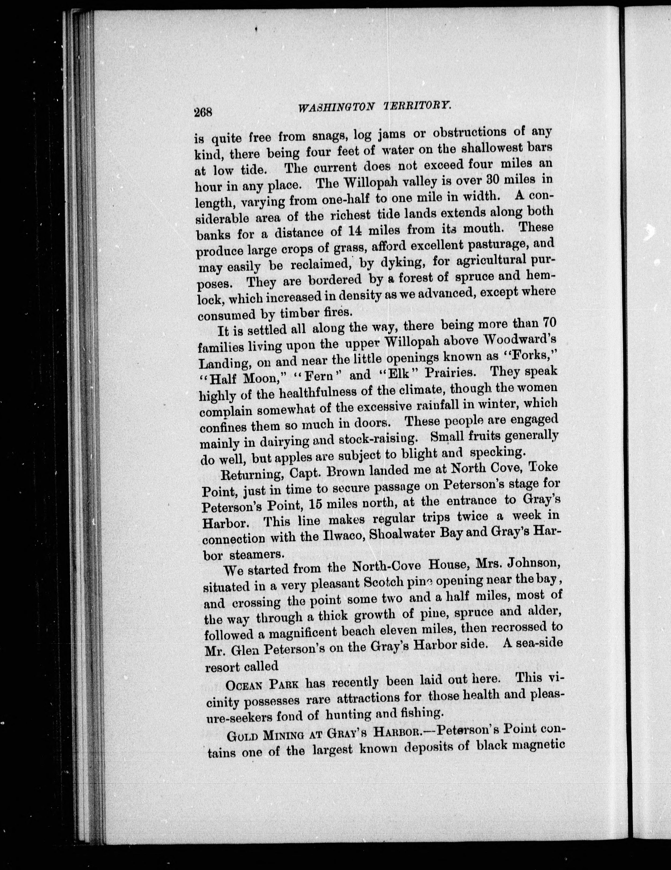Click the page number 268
[204, 111]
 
